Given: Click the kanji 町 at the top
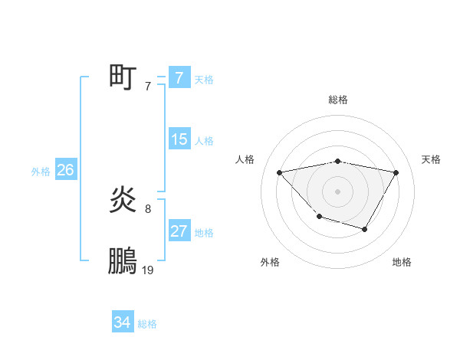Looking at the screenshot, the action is pyautogui.click(x=123, y=77).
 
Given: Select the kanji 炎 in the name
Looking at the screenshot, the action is pyautogui.click(x=123, y=201).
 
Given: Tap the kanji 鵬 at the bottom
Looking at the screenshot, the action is pyautogui.click(x=123, y=261).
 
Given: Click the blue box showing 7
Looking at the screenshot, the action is pyautogui.click(x=179, y=77).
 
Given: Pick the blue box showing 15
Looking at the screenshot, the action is pyautogui.click(x=179, y=139).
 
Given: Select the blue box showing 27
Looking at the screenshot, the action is pyautogui.click(x=179, y=231).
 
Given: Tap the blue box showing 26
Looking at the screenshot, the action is pyautogui.click(x=65, y=170).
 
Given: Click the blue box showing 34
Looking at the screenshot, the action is pyautogui.click(x=122, y=323).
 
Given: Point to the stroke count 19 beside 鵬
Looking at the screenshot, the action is pyautogui.click(x=148, y=270).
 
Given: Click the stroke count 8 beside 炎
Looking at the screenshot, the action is pyautogui.click(x=148, y=208).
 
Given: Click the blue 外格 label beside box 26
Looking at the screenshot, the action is pyautogui.click(x=41, y=172).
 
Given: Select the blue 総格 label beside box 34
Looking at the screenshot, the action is pyautogui.click(x=147, y=325).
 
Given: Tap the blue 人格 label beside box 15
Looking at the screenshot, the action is pyautogui.click(x=204, y=141).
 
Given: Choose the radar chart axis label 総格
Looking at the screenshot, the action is pyautogui.click(x=338, y=100).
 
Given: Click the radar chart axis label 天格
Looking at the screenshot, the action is pyautogui.click(x=431, y=159).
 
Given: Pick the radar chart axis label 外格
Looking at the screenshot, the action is pyautogui.click(x=270, y=262).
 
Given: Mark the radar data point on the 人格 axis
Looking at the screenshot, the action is pyautogui.click(x=280, y=172).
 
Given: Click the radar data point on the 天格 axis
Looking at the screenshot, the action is pyautogui.click(x=396, y=172).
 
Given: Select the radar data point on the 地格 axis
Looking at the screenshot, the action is pyautogui.click(x=365, y=229).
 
